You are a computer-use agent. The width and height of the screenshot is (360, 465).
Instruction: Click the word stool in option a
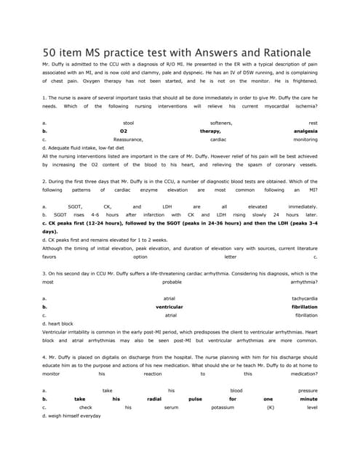click(129, 124)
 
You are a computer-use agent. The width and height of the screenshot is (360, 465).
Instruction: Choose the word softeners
click(222, 124)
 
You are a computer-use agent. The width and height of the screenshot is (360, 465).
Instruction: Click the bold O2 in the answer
click(124, 131)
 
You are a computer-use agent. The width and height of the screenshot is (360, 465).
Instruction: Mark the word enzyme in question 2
click(148, 190)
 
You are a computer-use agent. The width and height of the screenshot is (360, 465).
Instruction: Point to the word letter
click(230, 256)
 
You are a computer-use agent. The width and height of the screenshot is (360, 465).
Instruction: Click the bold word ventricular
click(169, 307)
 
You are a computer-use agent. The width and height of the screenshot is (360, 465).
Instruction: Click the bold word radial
click(154, 399)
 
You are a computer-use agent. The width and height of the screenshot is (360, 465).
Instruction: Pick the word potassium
click(223, 407)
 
